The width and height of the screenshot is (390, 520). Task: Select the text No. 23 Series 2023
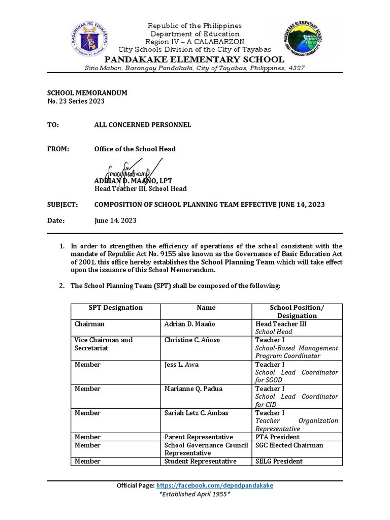click(76, 101)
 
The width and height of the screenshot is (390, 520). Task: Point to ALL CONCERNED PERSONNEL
click(143, 124)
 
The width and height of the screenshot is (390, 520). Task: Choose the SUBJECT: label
click(62, 205)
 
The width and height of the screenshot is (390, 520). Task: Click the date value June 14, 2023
click(115, 221)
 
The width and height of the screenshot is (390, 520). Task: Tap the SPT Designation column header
click(116, 308)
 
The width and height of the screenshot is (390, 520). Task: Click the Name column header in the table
click(206, 308)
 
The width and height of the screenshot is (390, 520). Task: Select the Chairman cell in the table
click(89, 323)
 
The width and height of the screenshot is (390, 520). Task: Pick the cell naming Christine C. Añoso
click(192, 340)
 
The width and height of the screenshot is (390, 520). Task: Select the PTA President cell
click(277, 437)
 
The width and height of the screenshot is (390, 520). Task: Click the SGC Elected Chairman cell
click(289, 445)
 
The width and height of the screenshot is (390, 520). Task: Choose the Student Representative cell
click(200, 461)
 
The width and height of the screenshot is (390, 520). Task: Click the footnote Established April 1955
click(195, 494)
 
